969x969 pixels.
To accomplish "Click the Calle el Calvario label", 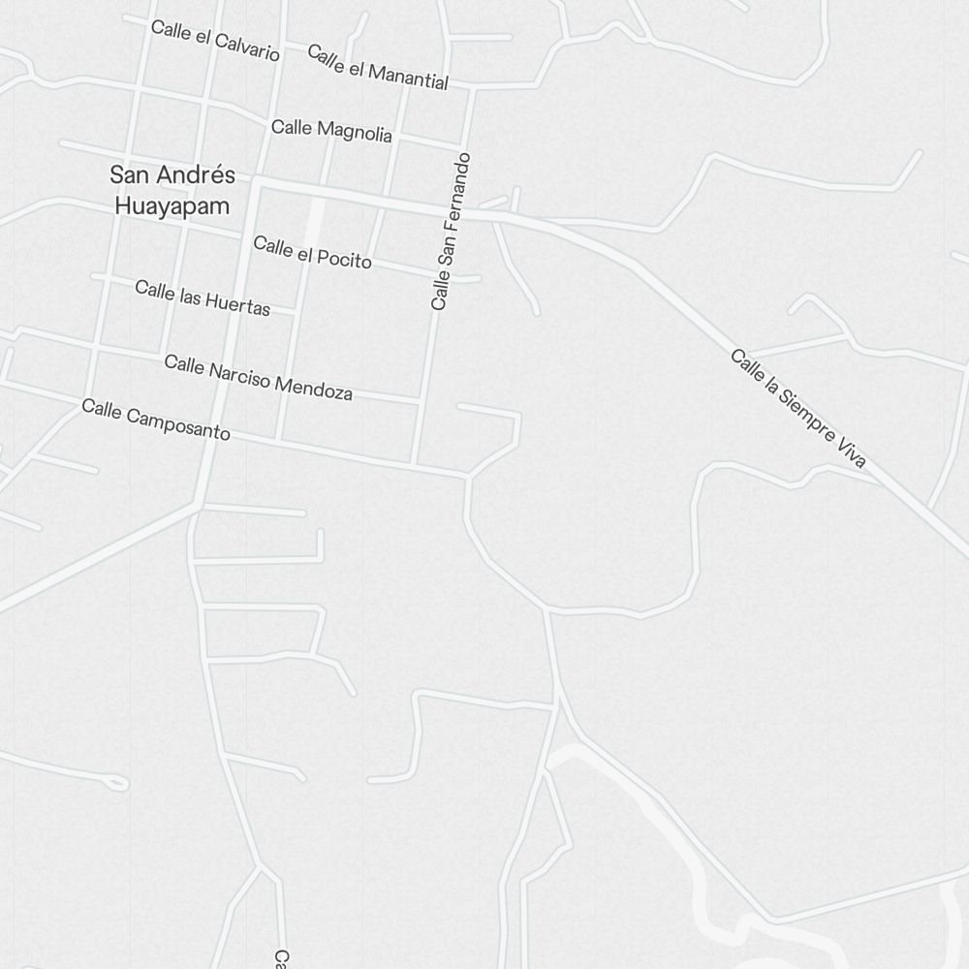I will tap(215, 41).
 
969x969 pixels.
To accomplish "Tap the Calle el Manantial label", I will tap(378, 67).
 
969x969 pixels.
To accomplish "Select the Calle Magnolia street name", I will tap(331, 130).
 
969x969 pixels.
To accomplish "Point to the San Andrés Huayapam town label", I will tap(172, 190).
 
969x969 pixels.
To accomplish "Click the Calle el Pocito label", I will tap(312, 251).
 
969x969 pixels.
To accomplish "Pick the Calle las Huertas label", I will tap(203, 297).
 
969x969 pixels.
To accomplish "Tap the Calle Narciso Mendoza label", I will tap(258, 377).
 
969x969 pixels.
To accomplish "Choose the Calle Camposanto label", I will tap(156, 420).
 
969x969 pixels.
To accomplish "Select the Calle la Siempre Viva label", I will tap(797, 409).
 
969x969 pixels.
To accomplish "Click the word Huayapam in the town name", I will tap(172, 205).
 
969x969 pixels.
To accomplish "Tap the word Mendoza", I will tap(314, 387).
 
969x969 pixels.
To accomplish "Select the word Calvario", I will tap(247, 47).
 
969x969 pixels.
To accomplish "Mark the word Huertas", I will tap(236, 303).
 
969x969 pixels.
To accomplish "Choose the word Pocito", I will tap(344, 258).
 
